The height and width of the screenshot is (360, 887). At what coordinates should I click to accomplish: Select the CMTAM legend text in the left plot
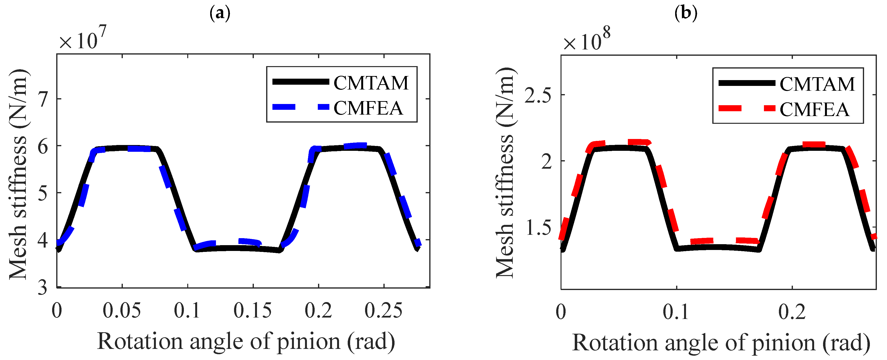click(371, 83)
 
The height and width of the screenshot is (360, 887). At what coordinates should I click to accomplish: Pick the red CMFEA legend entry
click(814, 110)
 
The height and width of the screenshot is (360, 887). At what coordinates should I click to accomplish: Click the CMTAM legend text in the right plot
click(817, 84)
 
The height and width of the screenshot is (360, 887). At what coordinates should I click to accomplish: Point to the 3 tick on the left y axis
click(43, 287)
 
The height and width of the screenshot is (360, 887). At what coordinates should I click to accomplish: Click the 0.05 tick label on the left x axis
click(122, 311)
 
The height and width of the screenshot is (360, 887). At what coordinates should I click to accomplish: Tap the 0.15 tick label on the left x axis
click(252, 311)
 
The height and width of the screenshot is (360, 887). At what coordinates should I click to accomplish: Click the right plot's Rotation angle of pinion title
click(721, 343)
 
